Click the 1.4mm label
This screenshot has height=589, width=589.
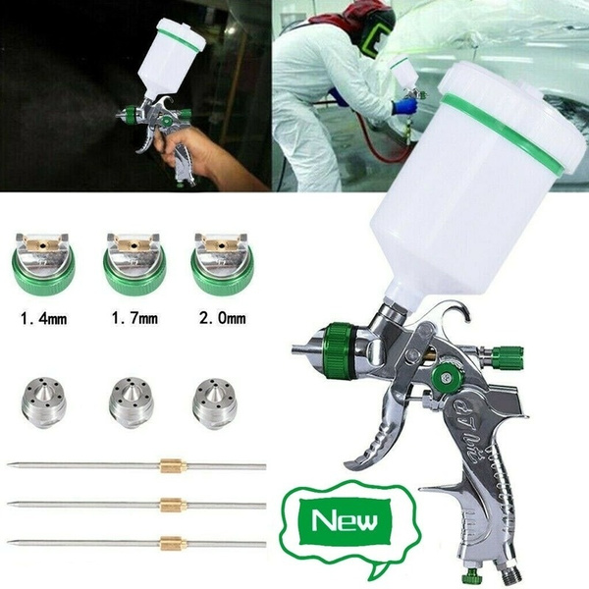pos(45,319)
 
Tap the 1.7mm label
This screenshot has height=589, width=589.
pos(134,319)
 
